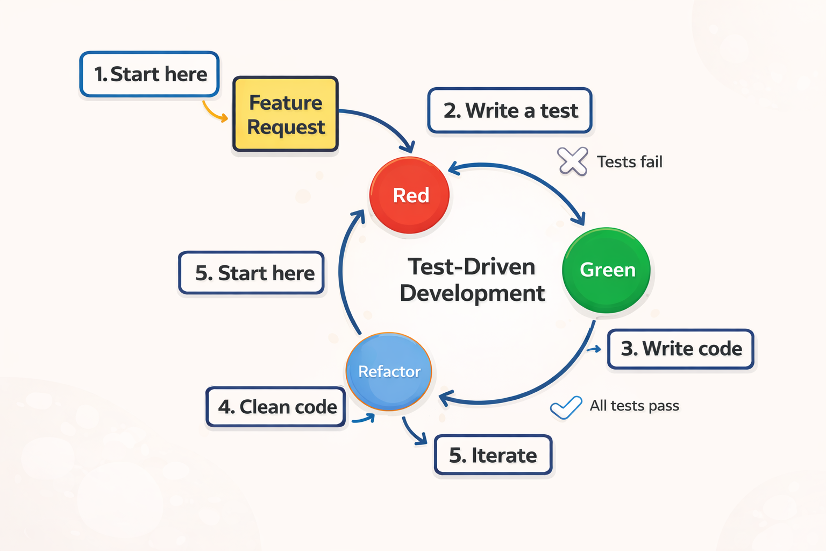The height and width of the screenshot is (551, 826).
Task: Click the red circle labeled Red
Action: coord(409,195)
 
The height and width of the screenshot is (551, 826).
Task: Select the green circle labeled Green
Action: coord(606,270)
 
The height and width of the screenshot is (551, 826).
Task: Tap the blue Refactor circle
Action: coord(389,371)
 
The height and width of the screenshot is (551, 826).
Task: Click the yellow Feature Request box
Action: coord(286,114)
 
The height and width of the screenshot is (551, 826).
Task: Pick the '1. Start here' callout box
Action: coord(149,74)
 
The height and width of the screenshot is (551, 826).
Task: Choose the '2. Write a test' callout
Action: coord(510,110)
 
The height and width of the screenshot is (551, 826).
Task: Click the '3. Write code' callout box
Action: coord(681,349)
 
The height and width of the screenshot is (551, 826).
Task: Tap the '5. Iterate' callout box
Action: coord(493,455)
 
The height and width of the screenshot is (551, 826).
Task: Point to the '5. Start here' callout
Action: coord(252,273)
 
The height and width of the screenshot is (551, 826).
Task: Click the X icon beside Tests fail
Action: coord(572,161)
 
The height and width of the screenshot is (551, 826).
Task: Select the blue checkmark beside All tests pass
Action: coord(566,407)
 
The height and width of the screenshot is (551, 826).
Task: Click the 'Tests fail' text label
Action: coord(629,162)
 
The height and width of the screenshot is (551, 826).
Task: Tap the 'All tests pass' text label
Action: coord(634,406)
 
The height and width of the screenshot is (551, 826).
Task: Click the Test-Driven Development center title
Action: coord(472,280)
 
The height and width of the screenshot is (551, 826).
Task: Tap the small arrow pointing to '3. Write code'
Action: coord(594,350)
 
